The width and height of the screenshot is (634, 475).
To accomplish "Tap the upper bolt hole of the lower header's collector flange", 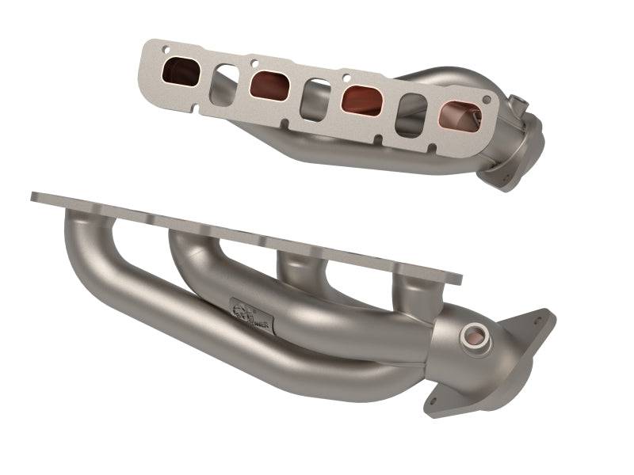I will [x=540, y=322].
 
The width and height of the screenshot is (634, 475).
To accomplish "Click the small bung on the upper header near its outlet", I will [x=518, y=104].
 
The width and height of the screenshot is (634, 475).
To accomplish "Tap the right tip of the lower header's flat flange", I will [x=457, y=277].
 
